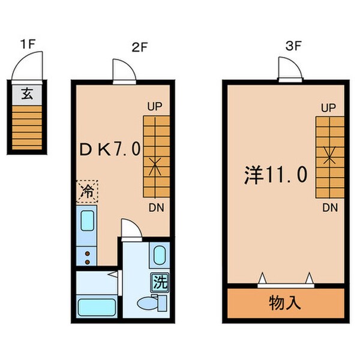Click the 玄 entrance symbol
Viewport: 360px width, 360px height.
(x=28, y=94)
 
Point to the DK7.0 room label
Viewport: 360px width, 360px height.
(x=110, y=150)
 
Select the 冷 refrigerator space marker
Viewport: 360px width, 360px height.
(x=86, y=193)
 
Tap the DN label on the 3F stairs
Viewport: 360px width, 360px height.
(x=328, y=208)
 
